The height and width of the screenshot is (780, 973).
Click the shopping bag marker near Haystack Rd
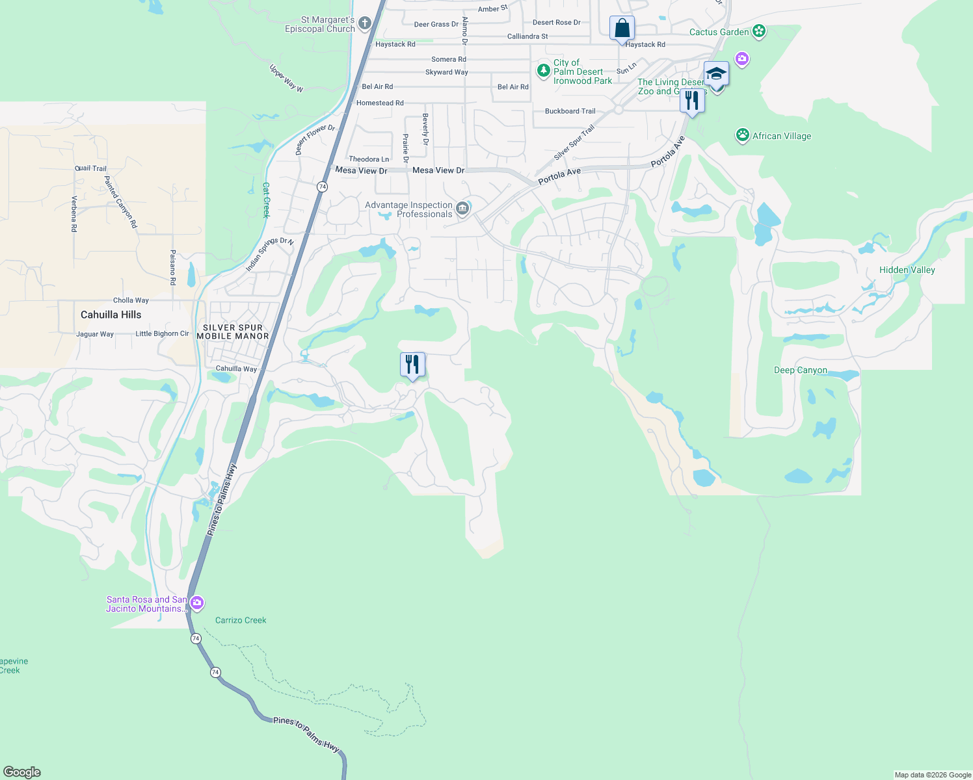coord(622,29)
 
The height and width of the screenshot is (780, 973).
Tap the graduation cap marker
coord(716,74)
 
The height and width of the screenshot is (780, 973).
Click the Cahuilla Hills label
coord(111,315)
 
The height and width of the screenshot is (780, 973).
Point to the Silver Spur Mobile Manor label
coord(233,332)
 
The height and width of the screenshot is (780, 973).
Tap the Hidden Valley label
coord(907,270)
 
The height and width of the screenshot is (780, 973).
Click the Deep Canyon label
coord(801,370)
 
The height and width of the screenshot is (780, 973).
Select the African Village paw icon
coord(743,135)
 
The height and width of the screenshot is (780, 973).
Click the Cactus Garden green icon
coord(758,31)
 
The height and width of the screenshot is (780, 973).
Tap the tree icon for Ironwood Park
coord(543,70)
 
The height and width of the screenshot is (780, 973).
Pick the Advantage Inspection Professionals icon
coord(462,209)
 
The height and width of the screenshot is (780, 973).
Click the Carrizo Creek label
coord(241,620)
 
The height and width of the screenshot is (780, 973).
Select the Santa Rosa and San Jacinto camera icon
coord(197,603)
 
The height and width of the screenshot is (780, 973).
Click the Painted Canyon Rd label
coord(122,201)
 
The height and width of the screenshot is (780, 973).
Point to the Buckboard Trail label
coord(570,111)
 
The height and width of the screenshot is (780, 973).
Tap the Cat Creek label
coord(266,200)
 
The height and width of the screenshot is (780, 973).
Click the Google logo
coord(21,772)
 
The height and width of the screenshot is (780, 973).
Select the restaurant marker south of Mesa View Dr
coord(412,365)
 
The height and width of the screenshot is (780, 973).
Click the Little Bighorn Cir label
coord(162,333)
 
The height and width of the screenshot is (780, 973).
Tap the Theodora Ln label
coord(369,159)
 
